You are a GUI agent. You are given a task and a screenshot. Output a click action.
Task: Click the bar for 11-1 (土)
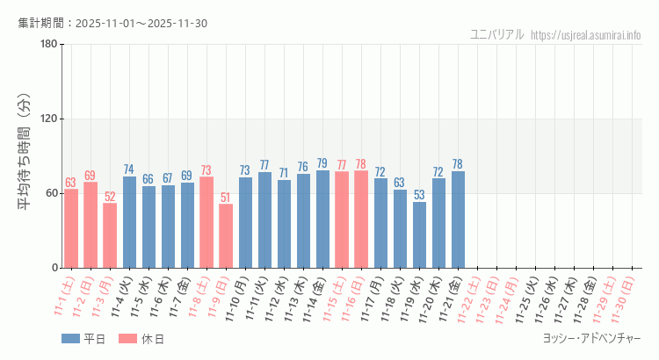71,228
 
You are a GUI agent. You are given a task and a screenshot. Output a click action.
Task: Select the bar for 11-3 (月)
110,235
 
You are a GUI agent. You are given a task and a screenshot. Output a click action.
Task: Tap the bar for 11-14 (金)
322,219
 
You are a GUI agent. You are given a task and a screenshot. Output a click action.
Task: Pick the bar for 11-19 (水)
419,234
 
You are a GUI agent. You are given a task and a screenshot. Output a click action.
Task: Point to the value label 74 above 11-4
129,169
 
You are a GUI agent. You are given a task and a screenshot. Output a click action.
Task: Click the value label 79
322,163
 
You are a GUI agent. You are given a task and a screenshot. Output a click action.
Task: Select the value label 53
419,195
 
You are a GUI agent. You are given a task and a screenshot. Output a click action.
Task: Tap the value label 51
226,198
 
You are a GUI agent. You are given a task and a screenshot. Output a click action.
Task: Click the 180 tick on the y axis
48,45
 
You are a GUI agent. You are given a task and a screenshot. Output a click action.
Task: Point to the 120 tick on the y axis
48,119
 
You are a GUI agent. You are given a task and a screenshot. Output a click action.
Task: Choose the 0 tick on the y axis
54,268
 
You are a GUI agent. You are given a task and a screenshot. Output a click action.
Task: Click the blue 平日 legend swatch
70,339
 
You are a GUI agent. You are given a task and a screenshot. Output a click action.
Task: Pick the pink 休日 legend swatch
127,339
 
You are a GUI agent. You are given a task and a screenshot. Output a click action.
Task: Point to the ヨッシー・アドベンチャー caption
591,338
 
